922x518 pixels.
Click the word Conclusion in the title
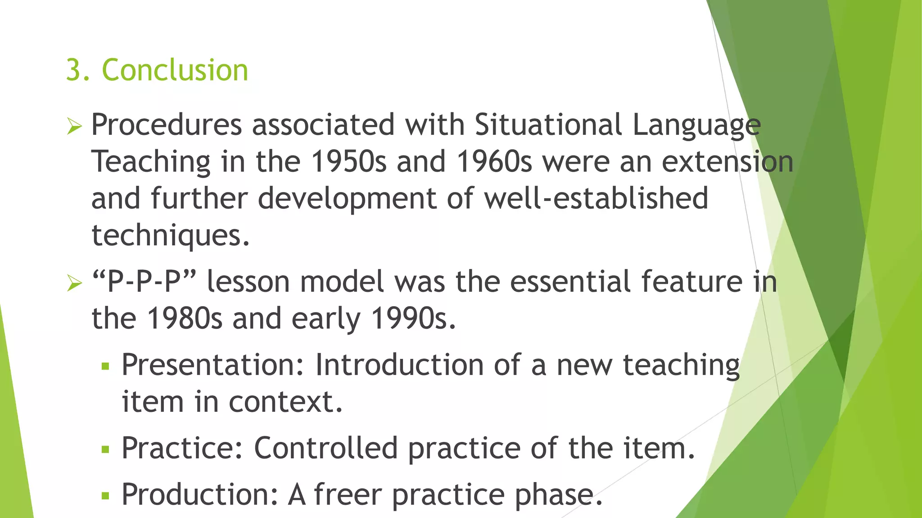click(175, 70)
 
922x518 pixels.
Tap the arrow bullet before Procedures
click(74, 126)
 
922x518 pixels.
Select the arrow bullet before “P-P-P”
click(74, 283)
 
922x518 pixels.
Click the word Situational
click(548, 125)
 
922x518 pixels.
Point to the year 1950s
click(348, 161)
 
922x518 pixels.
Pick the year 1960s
click(494, 161)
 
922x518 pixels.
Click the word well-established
click(596, 198)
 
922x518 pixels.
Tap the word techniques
click(170, 235)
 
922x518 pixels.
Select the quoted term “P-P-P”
click(144, 282)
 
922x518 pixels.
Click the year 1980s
click(185, 319)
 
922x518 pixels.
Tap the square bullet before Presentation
click(106, 366)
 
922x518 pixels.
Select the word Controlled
click(326, 448)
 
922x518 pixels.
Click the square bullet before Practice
click(106, 449)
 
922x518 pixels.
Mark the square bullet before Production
click(106, 496)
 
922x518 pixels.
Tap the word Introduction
click(399, 365)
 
